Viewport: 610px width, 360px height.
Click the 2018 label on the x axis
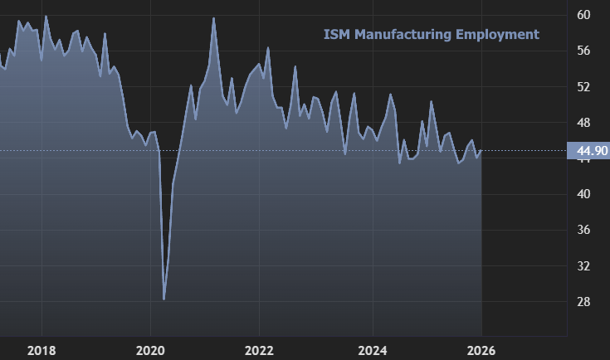41,349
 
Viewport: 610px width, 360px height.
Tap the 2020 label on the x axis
150,349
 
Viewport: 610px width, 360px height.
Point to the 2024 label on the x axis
373,349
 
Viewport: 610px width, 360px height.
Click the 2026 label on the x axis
482,349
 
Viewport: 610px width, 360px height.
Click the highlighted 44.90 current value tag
588,151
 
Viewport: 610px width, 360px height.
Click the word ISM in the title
335,34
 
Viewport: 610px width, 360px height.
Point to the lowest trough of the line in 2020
164,299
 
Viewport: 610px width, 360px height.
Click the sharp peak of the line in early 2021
213,18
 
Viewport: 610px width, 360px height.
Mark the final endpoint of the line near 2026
481,150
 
